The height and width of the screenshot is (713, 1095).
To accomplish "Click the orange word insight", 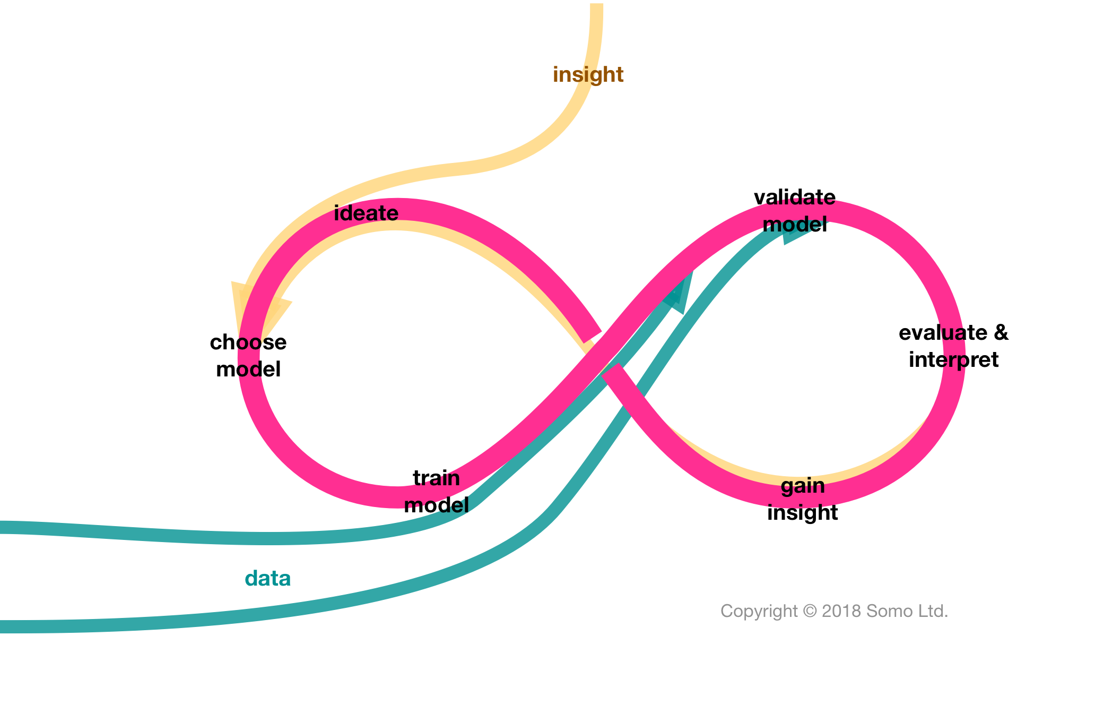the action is click(588, 75).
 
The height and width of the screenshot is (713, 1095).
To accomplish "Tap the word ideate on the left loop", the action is click(366, 213).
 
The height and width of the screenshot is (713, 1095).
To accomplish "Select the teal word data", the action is click(267, 578).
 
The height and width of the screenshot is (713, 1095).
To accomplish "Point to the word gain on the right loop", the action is click(803, 486).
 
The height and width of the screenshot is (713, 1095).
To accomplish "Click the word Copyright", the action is click(759, 611).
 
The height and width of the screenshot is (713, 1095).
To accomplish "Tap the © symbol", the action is click(810, 611).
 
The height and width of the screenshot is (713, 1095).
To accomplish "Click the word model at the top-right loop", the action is click(794, 225).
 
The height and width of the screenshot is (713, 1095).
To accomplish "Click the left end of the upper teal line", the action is click(3, 527).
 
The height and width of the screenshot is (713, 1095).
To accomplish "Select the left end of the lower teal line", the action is click(3, 626).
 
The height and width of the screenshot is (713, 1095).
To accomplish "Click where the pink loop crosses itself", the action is click(602, 353).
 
